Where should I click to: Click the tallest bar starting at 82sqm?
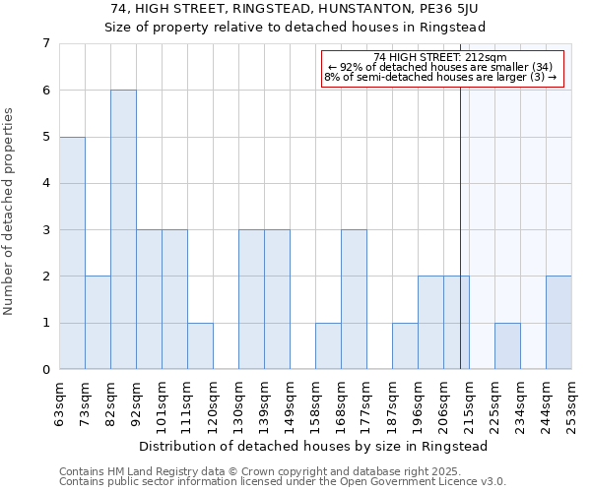click(123, 229)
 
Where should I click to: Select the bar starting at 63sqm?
click(72, 253)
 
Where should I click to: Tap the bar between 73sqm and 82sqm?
click(98, 323)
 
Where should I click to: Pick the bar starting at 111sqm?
click(200, 346)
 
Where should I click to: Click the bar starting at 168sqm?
click(354, 299)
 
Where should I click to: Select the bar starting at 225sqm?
click(507, 346)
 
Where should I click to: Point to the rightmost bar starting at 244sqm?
click(558, 323)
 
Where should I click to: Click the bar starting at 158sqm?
click(328, 346)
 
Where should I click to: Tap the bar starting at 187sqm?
click(405, 346)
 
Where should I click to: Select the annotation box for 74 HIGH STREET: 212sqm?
click(440, 68)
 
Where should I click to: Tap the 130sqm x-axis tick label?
click(238, 401)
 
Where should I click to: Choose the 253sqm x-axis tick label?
click(571, 401)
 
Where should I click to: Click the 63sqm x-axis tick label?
click(59, 401)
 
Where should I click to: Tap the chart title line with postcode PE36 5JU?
click(295, 9)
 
